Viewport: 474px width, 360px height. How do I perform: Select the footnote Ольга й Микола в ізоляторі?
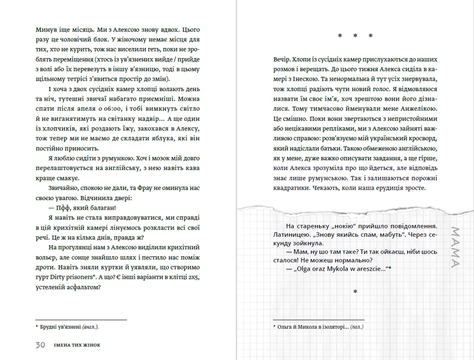pyautogui.click(x=319, y=326)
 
